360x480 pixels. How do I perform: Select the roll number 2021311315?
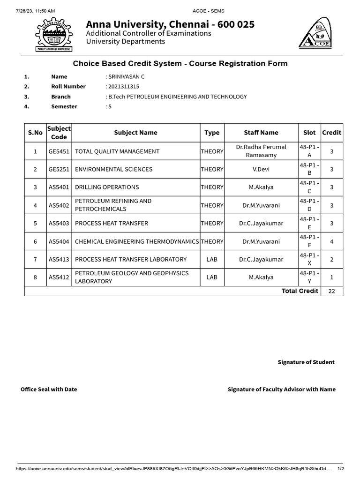coord(124,86)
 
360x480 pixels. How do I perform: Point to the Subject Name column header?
coord(135,133)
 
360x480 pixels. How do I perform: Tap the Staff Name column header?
coord(261,133)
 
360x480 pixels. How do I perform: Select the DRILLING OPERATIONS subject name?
coord(107,187)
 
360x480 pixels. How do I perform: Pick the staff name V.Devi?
coord(261,169)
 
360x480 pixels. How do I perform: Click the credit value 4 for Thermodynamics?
coord(331,241)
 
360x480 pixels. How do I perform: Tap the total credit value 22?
coord(331,291)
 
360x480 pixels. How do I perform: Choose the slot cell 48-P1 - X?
coord(309,259)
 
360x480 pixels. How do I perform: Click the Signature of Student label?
coord(306,362)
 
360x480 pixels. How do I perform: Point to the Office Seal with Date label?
coord(49,389)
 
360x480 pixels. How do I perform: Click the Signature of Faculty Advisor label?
coord(281,389)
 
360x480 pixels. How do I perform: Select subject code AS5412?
coord(59,277)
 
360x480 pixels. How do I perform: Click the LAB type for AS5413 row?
coord(212,259)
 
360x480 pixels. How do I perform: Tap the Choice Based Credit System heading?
coord(180,63)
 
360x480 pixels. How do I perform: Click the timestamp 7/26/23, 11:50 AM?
coord(29,10)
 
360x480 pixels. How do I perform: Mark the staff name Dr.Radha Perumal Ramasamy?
coord(261,151)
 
